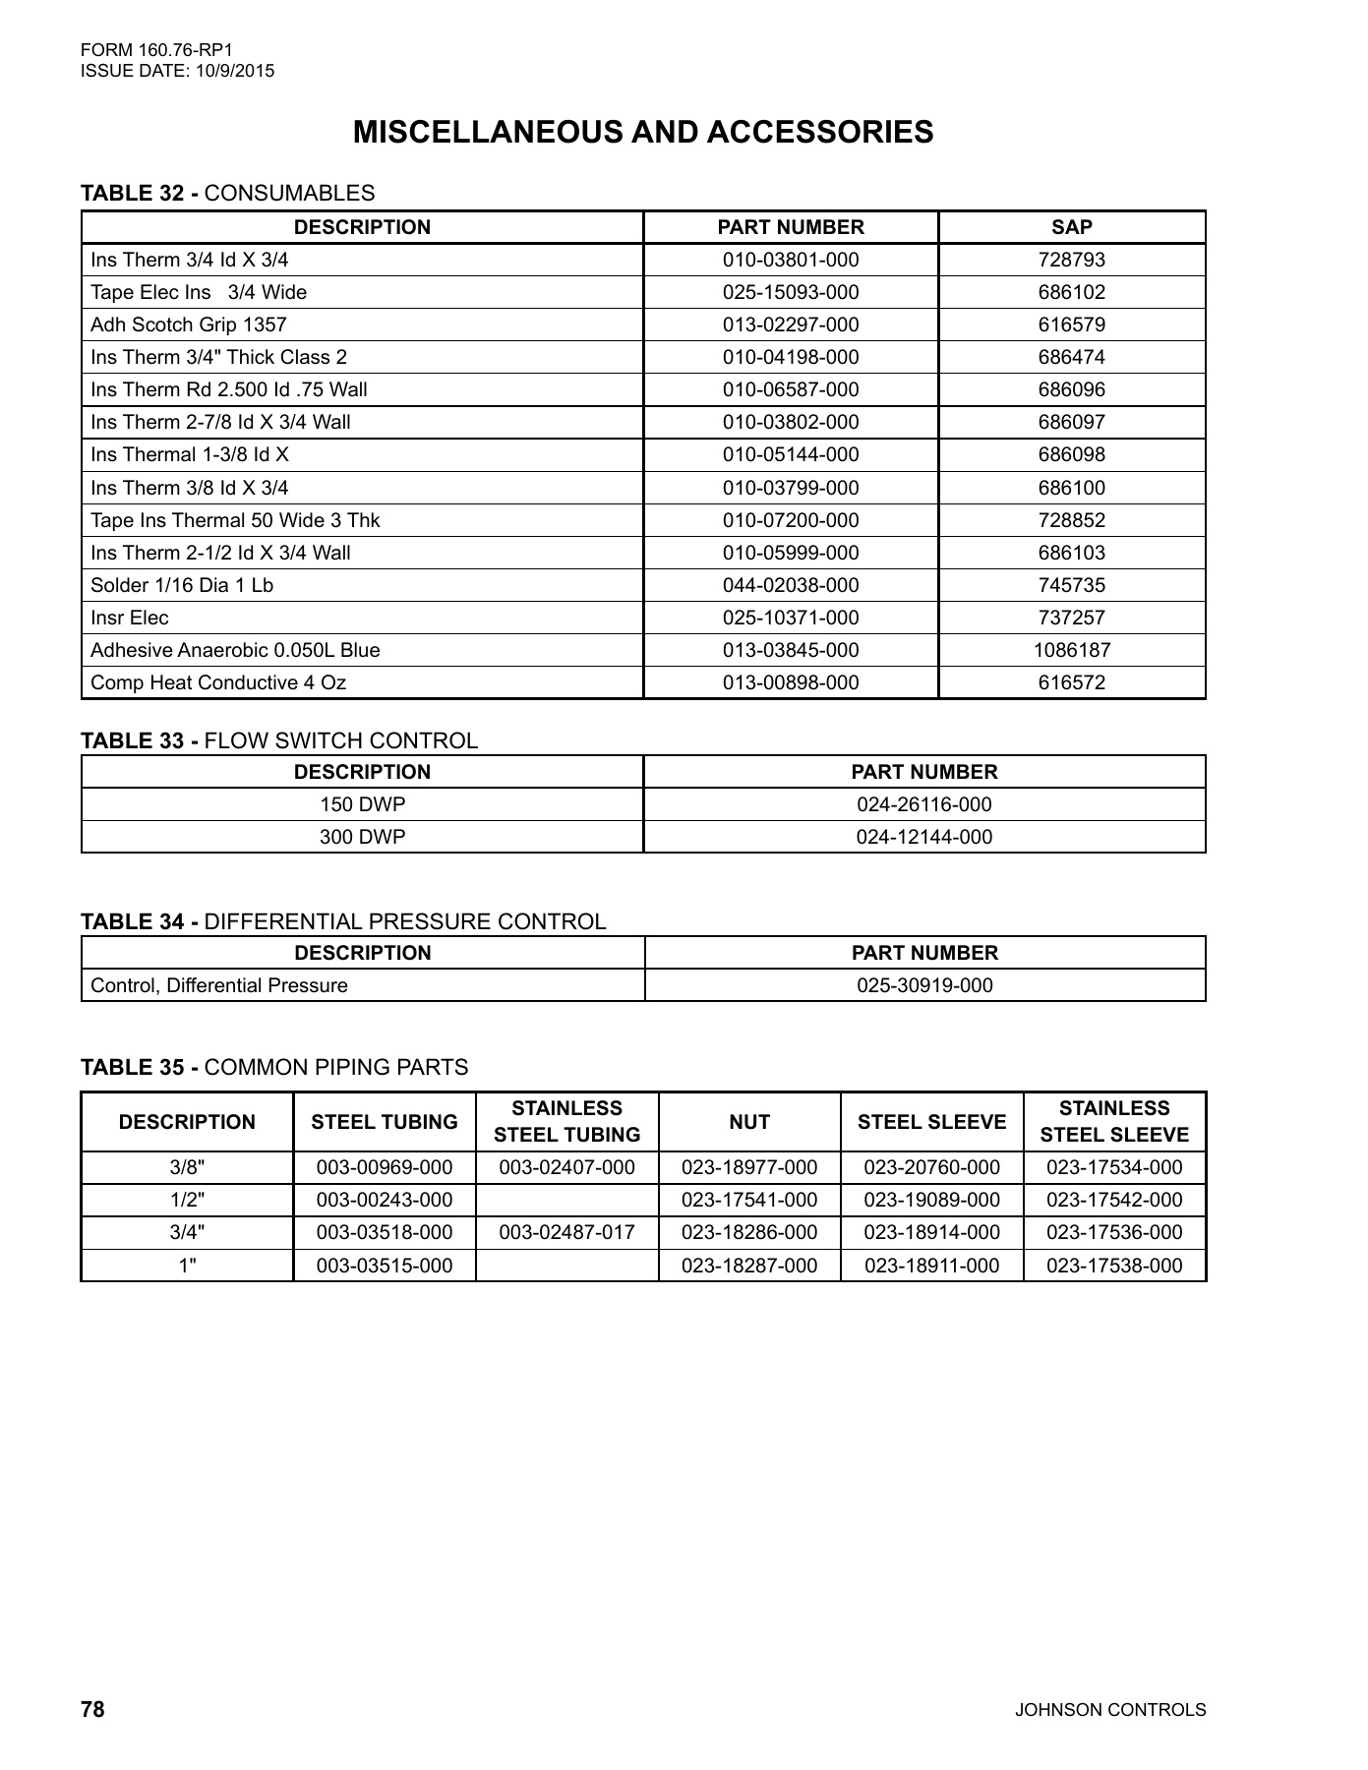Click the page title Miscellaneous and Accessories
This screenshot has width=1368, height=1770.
[643, 133]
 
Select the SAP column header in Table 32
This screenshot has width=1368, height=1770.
[1071, 227]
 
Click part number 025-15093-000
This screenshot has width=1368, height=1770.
[790, 292]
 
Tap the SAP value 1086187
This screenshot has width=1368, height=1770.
[1071, 650]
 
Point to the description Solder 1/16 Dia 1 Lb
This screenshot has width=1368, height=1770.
[182, 585]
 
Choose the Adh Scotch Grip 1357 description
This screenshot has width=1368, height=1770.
[189, 324]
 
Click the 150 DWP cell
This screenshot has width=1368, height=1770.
[362, 804]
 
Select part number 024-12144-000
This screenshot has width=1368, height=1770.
[923, 837]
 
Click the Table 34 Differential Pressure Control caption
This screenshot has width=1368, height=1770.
[343, 921]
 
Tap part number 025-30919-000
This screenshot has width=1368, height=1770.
[924, 985]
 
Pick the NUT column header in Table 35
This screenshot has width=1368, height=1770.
[749, 1122]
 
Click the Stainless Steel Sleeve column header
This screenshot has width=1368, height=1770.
[1114, 1122]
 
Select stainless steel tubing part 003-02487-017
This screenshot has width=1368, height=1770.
[566, 1232]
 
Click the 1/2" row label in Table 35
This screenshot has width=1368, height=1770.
[187, 1200]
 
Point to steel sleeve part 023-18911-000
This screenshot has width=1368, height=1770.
[931, 1266]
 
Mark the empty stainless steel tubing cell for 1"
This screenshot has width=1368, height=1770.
[566, 1266]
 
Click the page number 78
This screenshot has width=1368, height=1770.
[92, 1709]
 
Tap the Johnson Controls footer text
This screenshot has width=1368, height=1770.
[1110, 1710]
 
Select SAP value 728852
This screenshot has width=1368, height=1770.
[1071, 520]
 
